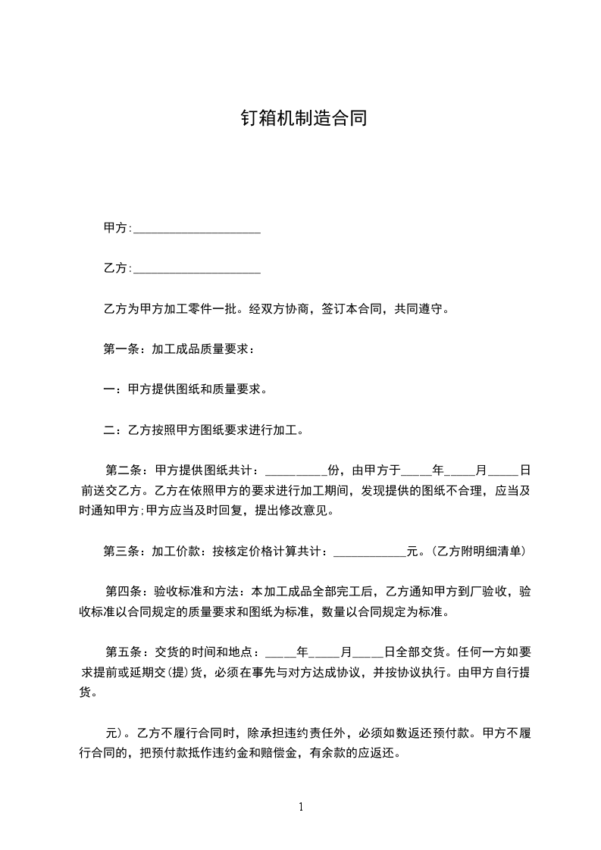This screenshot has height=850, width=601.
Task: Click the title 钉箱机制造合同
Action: (303, 118)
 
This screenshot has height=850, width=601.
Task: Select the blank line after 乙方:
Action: (196, 270)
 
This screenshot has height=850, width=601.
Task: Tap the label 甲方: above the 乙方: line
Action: (117, 228)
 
